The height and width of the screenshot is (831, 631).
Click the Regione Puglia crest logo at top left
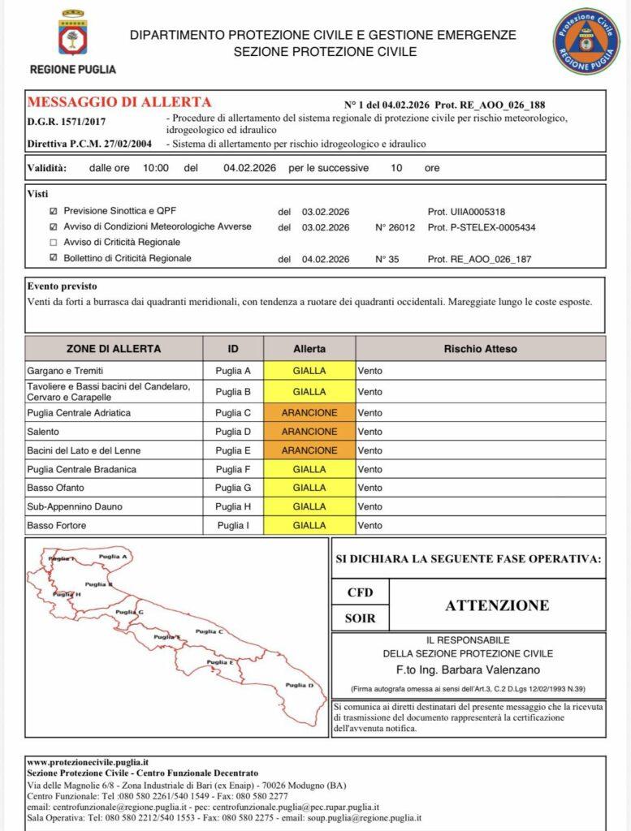coord(72,35)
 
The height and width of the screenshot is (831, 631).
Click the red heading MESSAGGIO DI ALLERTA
coord(119,102)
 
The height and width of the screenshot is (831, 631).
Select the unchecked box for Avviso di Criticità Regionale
coord(54,242)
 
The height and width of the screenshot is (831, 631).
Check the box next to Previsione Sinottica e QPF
coord(54,211)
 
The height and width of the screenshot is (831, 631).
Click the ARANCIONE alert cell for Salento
coord(309,432)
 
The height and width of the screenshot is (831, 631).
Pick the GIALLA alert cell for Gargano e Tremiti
coord(309,370)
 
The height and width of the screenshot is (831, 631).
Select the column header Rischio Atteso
coord(480,348)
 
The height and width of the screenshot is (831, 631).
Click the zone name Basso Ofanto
coord(57,488)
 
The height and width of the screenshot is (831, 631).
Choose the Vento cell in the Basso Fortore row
coord(370,525)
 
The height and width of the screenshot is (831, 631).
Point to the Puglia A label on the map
coord(112,556)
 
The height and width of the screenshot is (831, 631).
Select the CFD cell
coord(360,592)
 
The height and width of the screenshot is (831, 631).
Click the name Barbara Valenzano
coord(504,670)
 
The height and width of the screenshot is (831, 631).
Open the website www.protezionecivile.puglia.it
coord(88,763)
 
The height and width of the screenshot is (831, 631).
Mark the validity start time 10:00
coord(155,168)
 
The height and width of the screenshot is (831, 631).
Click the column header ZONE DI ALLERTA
coord(114,348)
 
